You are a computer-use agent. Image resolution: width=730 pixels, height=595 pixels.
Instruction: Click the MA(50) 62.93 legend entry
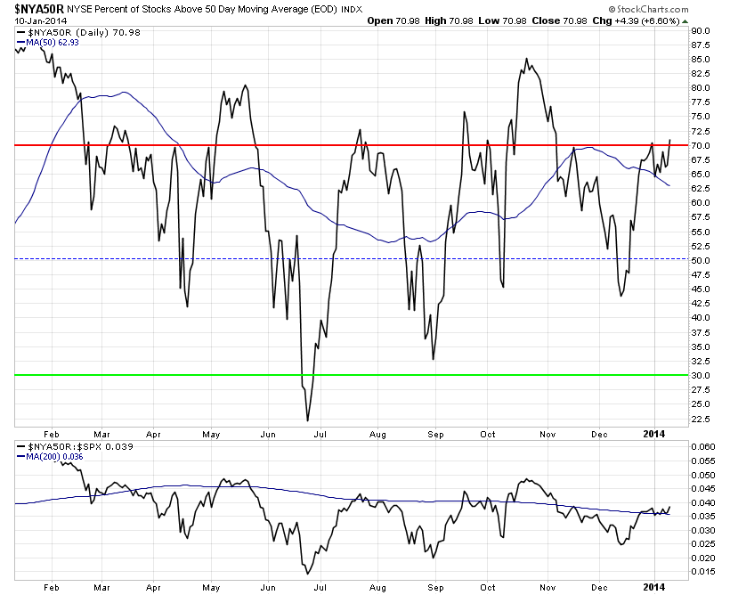point(48,42)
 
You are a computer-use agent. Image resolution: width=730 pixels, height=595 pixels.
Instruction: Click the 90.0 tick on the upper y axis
point(701,30)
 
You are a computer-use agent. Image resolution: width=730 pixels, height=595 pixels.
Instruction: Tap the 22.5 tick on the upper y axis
point(701,418)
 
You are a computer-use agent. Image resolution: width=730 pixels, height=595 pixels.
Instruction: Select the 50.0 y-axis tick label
point(701,260)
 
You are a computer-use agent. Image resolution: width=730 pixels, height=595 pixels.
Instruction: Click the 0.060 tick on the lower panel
point(702,446)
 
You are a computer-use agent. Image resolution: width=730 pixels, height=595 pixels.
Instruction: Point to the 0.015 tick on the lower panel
point(702,571)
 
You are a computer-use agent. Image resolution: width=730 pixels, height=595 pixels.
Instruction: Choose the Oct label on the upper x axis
point(489,436)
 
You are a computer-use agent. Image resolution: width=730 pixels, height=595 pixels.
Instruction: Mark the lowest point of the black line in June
point(307,420)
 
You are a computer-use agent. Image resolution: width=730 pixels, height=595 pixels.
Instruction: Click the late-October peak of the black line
point(526,59)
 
